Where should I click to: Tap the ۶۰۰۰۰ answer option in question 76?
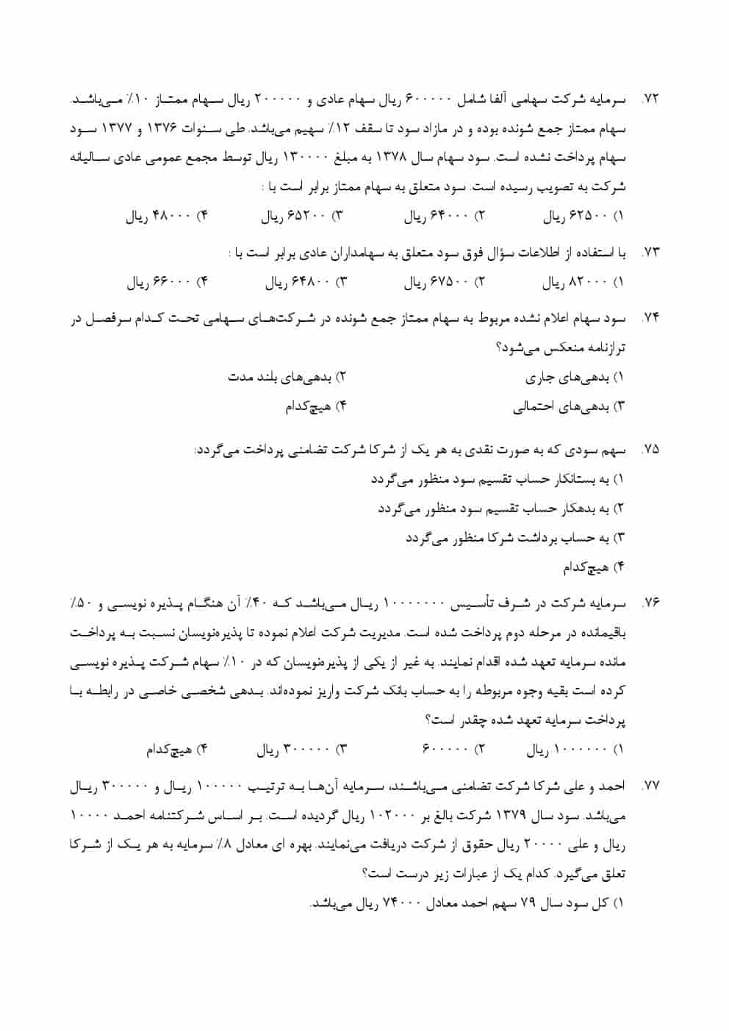(452, 750)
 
